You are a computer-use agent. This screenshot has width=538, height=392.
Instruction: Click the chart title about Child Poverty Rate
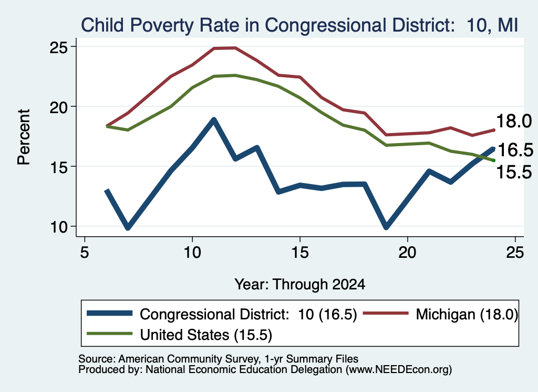tap(299, 25)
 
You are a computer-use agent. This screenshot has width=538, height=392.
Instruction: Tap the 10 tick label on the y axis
tap(58, 227)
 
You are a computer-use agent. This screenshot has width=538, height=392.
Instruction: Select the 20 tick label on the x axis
tap(407, 253)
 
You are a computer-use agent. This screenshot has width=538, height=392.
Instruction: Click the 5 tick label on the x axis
tap(85, 253)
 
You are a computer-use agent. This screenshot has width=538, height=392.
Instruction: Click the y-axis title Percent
tap(24, 137)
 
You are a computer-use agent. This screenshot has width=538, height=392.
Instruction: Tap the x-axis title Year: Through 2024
tap(300, 285)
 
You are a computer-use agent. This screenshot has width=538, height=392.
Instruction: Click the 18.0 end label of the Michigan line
tap(514, 121)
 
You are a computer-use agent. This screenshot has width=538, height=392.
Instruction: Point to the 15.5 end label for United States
tap(514, 172)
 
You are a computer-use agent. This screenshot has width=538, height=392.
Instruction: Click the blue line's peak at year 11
tap(214, 120)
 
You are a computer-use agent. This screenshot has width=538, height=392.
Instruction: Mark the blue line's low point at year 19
tap(386, 227)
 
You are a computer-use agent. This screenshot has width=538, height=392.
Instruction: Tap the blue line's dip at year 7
tap(128, 227)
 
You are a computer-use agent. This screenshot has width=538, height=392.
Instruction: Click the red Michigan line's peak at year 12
tap(235, 48)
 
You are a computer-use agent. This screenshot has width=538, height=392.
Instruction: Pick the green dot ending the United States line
tap(494, 160)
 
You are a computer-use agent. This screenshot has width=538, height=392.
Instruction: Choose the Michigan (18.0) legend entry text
tap(467, 314)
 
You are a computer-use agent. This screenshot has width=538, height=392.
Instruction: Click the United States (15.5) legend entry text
tap(206, 335)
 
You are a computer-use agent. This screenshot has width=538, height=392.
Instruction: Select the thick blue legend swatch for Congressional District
tap(109, 313)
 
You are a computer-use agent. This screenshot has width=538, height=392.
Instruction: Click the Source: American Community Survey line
tap(218, 359)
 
